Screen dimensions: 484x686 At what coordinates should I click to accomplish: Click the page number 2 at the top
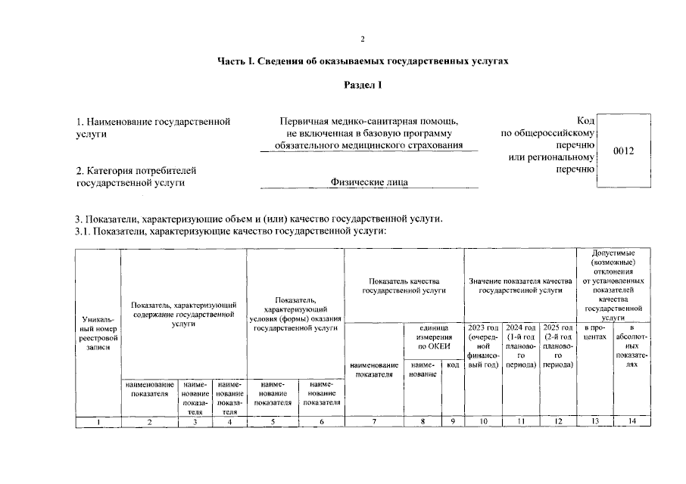363,39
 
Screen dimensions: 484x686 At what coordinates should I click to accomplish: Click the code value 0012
623,150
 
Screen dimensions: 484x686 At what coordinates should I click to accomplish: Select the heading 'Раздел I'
363,85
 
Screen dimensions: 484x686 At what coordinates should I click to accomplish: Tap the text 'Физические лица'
369,182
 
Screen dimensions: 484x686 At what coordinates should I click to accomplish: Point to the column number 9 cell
453,422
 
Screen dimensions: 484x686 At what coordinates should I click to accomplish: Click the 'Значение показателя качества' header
520,285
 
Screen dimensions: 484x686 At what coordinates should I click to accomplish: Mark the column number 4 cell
229,422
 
